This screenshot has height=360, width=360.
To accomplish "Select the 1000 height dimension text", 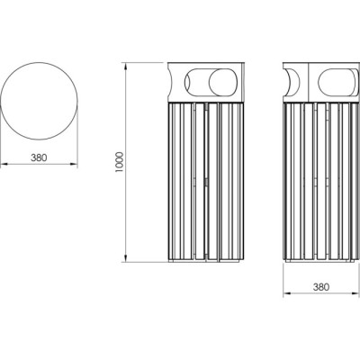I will point(117,163).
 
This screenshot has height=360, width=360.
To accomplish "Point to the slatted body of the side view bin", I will point(319,180).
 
